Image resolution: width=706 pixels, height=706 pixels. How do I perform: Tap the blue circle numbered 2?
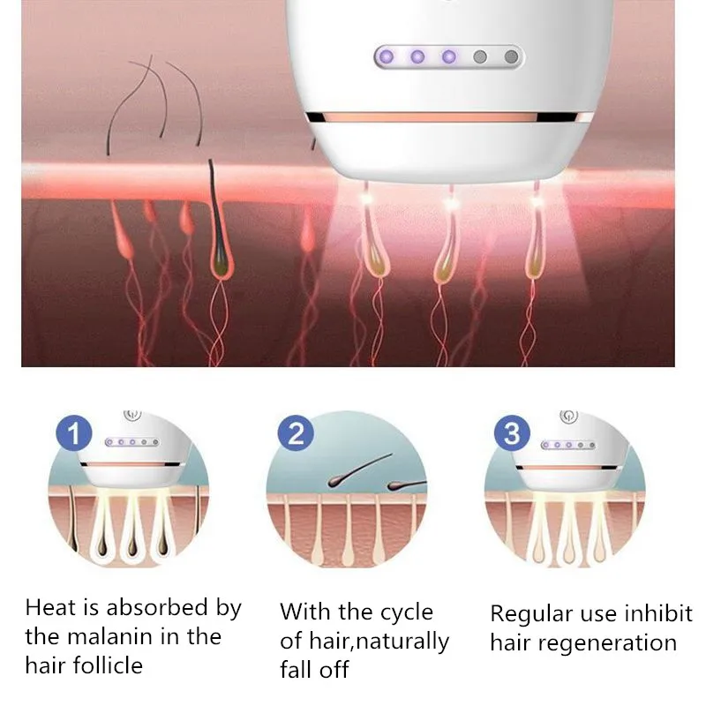(x=296, y=433)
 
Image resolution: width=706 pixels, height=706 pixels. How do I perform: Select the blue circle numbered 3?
(x=513, y=433)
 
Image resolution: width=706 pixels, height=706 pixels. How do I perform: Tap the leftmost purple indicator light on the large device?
(x=386, y=57)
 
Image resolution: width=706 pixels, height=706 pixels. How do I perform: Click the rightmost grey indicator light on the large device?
(x=510, y=57)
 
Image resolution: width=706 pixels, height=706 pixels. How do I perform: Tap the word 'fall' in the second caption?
(x=297, y=668)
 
